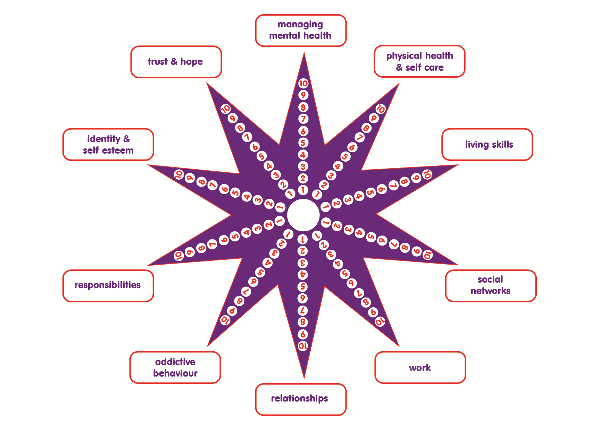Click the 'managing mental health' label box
(x=301, y=31)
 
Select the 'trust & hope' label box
(x=176, y=62)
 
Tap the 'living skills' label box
(x=487, y=145)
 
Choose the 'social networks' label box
(x=491, y=286)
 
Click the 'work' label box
(x=420, y=368)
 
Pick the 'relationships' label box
(x=301, y=399)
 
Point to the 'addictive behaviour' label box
(x=175, y=368)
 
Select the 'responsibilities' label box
(x=108, y=286)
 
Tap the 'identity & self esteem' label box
(x=108, y=145)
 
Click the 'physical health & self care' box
(x=419, y=61)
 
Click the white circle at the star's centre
(x=303, y=215)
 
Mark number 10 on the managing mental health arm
(x=303, y=83)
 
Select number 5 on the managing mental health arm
(x=303, y=143)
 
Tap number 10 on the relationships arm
(x=303, y=346)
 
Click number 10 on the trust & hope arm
(x=226, y=109)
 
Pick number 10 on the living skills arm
(x=427, y=174)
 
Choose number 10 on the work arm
(x=380, y=321)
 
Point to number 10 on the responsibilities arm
(x=179, y=256)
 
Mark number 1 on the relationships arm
(x=303, y=239)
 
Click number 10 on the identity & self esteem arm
(x=179, y=174)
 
